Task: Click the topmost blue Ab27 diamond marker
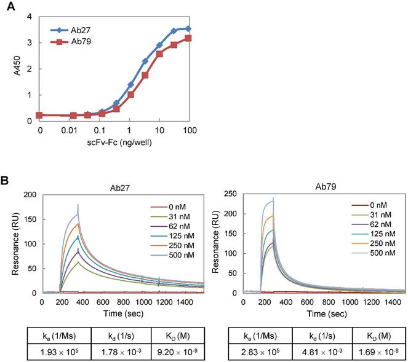pos(188,28)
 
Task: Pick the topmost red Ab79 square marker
pos(188,38)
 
